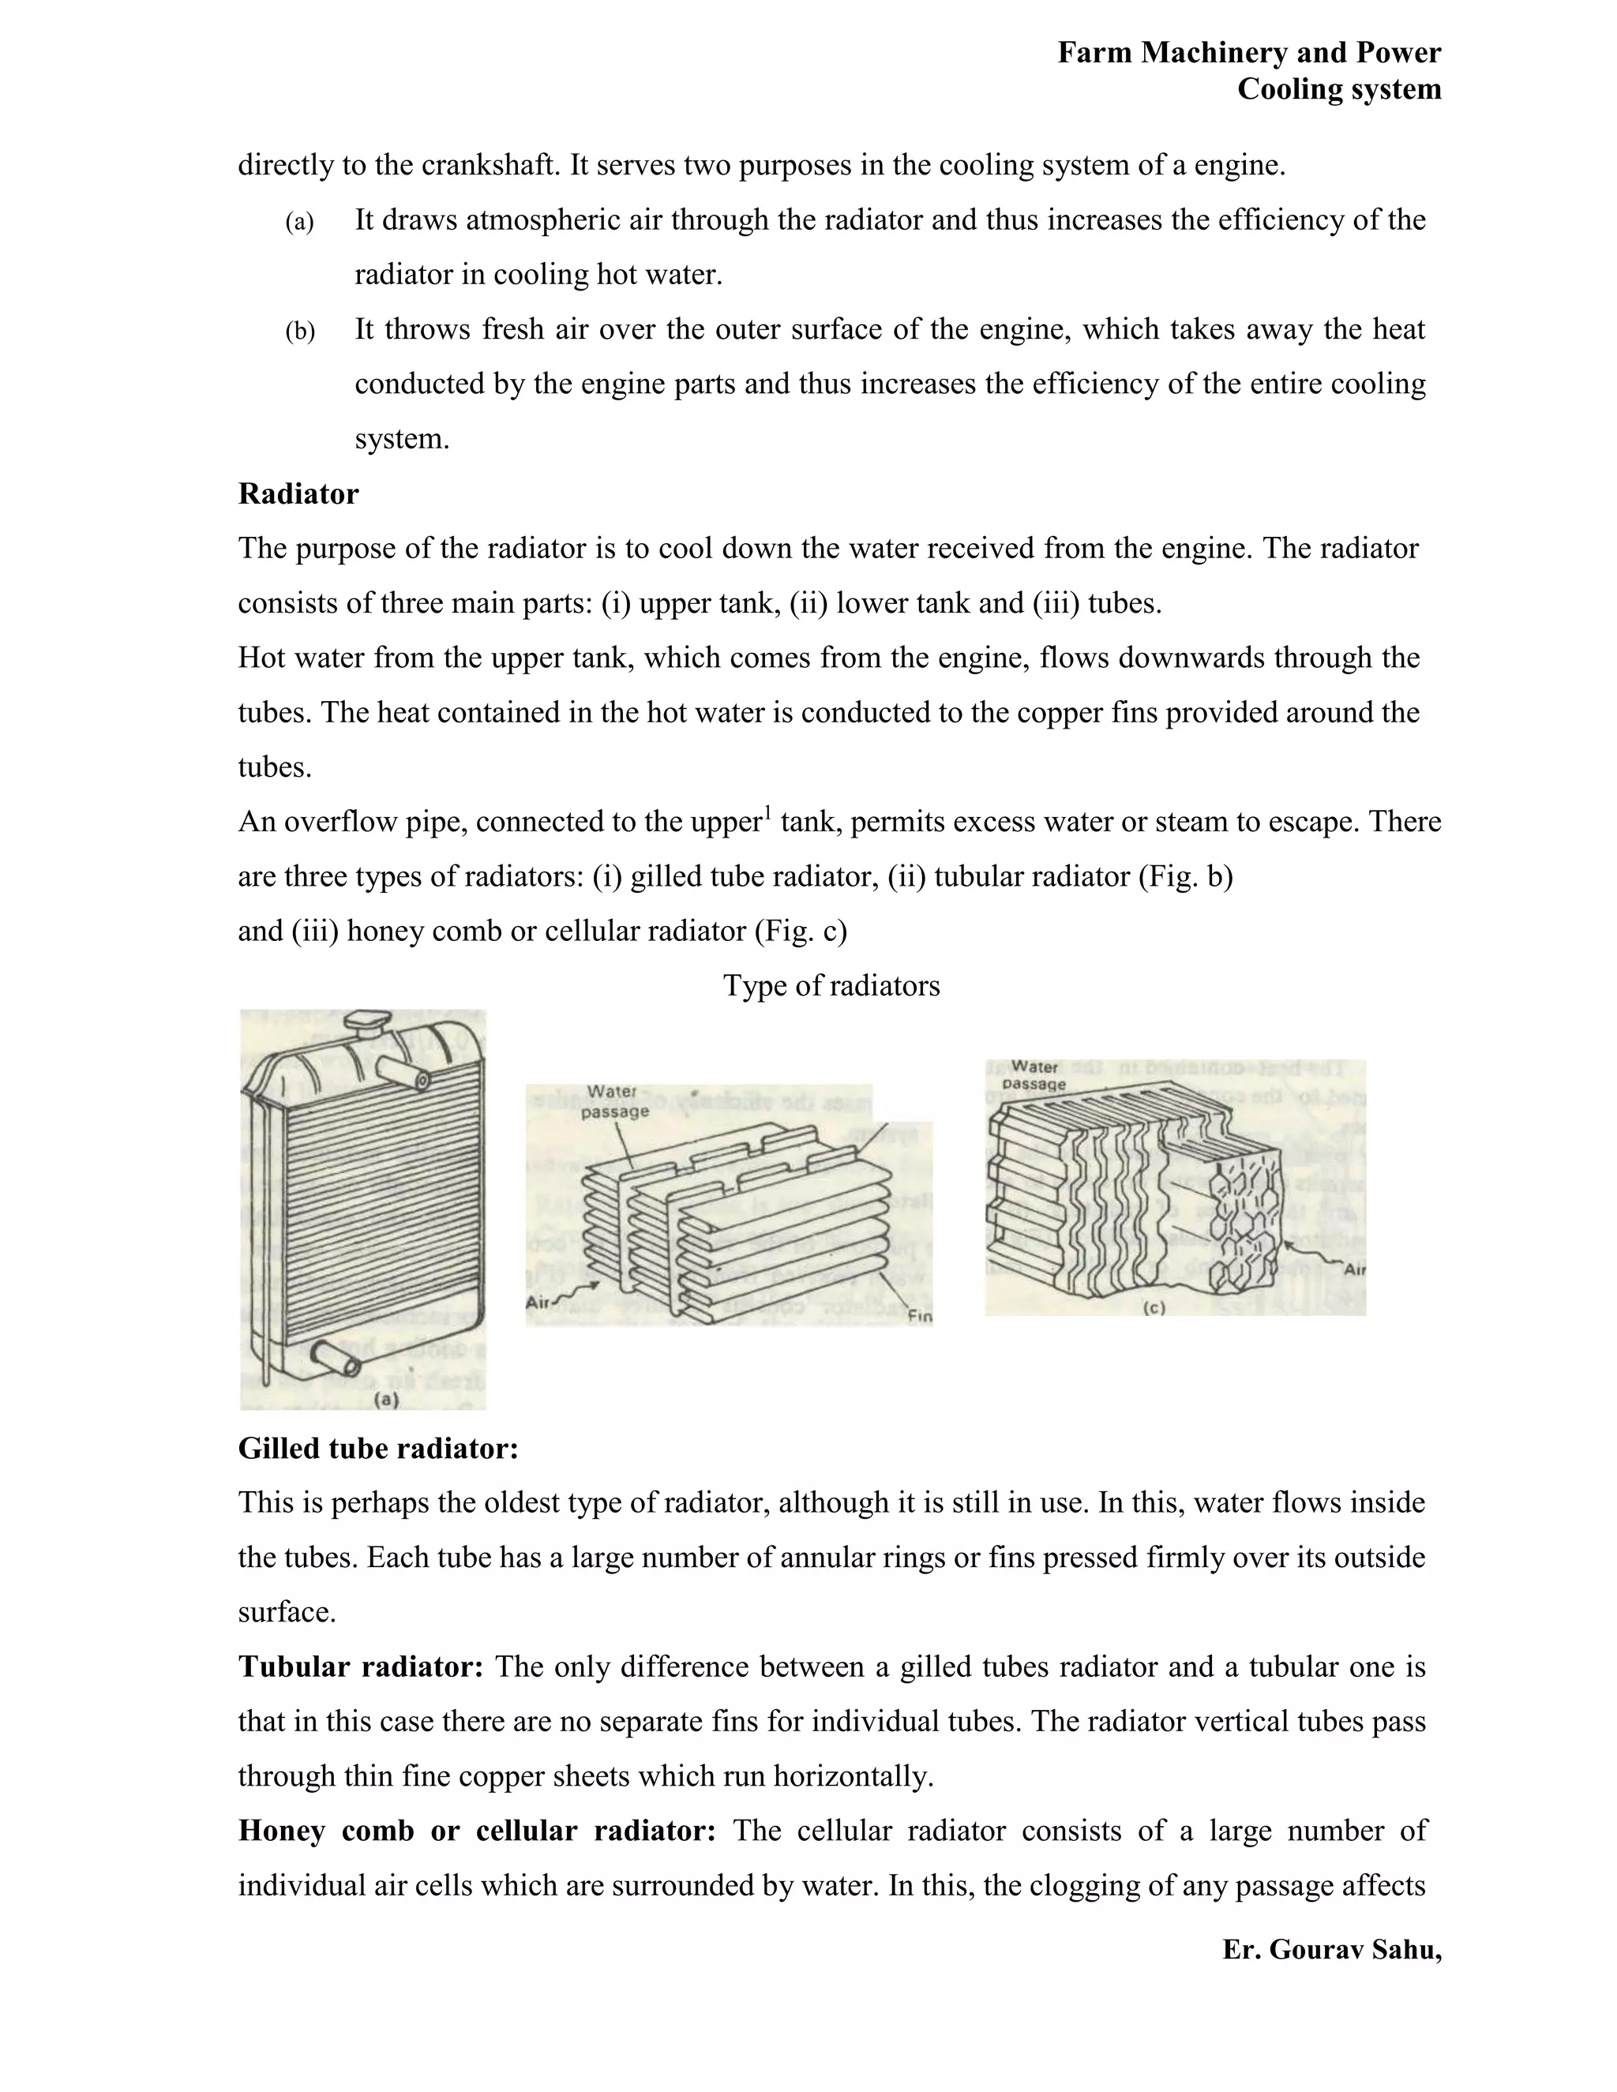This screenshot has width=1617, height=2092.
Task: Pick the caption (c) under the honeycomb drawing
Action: pyautogui.click(x=1154, y=1307)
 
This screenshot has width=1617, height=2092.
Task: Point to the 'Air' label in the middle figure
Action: pyautogui.click(x=539, y=1303)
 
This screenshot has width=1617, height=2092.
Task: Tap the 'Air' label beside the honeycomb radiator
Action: pyautogui.click(x=1353, y=1270)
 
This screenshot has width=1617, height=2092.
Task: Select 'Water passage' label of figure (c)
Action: pyautogui.click(x=1034, y=1074)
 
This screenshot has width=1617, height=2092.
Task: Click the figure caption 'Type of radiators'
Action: pyautogui.click(x=831, y=986)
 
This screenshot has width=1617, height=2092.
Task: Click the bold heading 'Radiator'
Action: pyautogui.click(x=298, y=494)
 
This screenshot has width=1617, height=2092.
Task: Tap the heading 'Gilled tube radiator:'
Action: pyautogui.click(x=377, y=1449)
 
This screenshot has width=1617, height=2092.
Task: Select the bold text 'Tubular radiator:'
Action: pyautogui.click(x=360, y=1666)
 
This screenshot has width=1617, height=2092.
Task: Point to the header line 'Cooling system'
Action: pyautogui.click(x=1338, y=89)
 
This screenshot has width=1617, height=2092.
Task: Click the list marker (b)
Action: pyautogui.click(x=300, y=332)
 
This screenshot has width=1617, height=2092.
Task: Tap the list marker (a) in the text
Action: pyautogui.click(x=299, y=223)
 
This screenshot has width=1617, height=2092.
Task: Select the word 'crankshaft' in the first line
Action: pyautogui.click(x=484, y=166)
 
